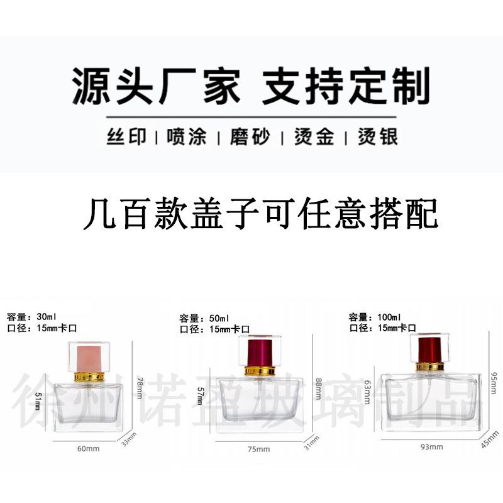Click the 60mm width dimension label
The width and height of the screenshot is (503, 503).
[x=88, y=448]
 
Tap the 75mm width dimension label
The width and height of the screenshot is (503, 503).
[x=258, y=449]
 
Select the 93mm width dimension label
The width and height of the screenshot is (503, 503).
[x=431, y=447]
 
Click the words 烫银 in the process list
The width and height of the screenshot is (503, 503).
[x=377, y=137]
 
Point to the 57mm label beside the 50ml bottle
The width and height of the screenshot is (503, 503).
[x=202, y=396]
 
